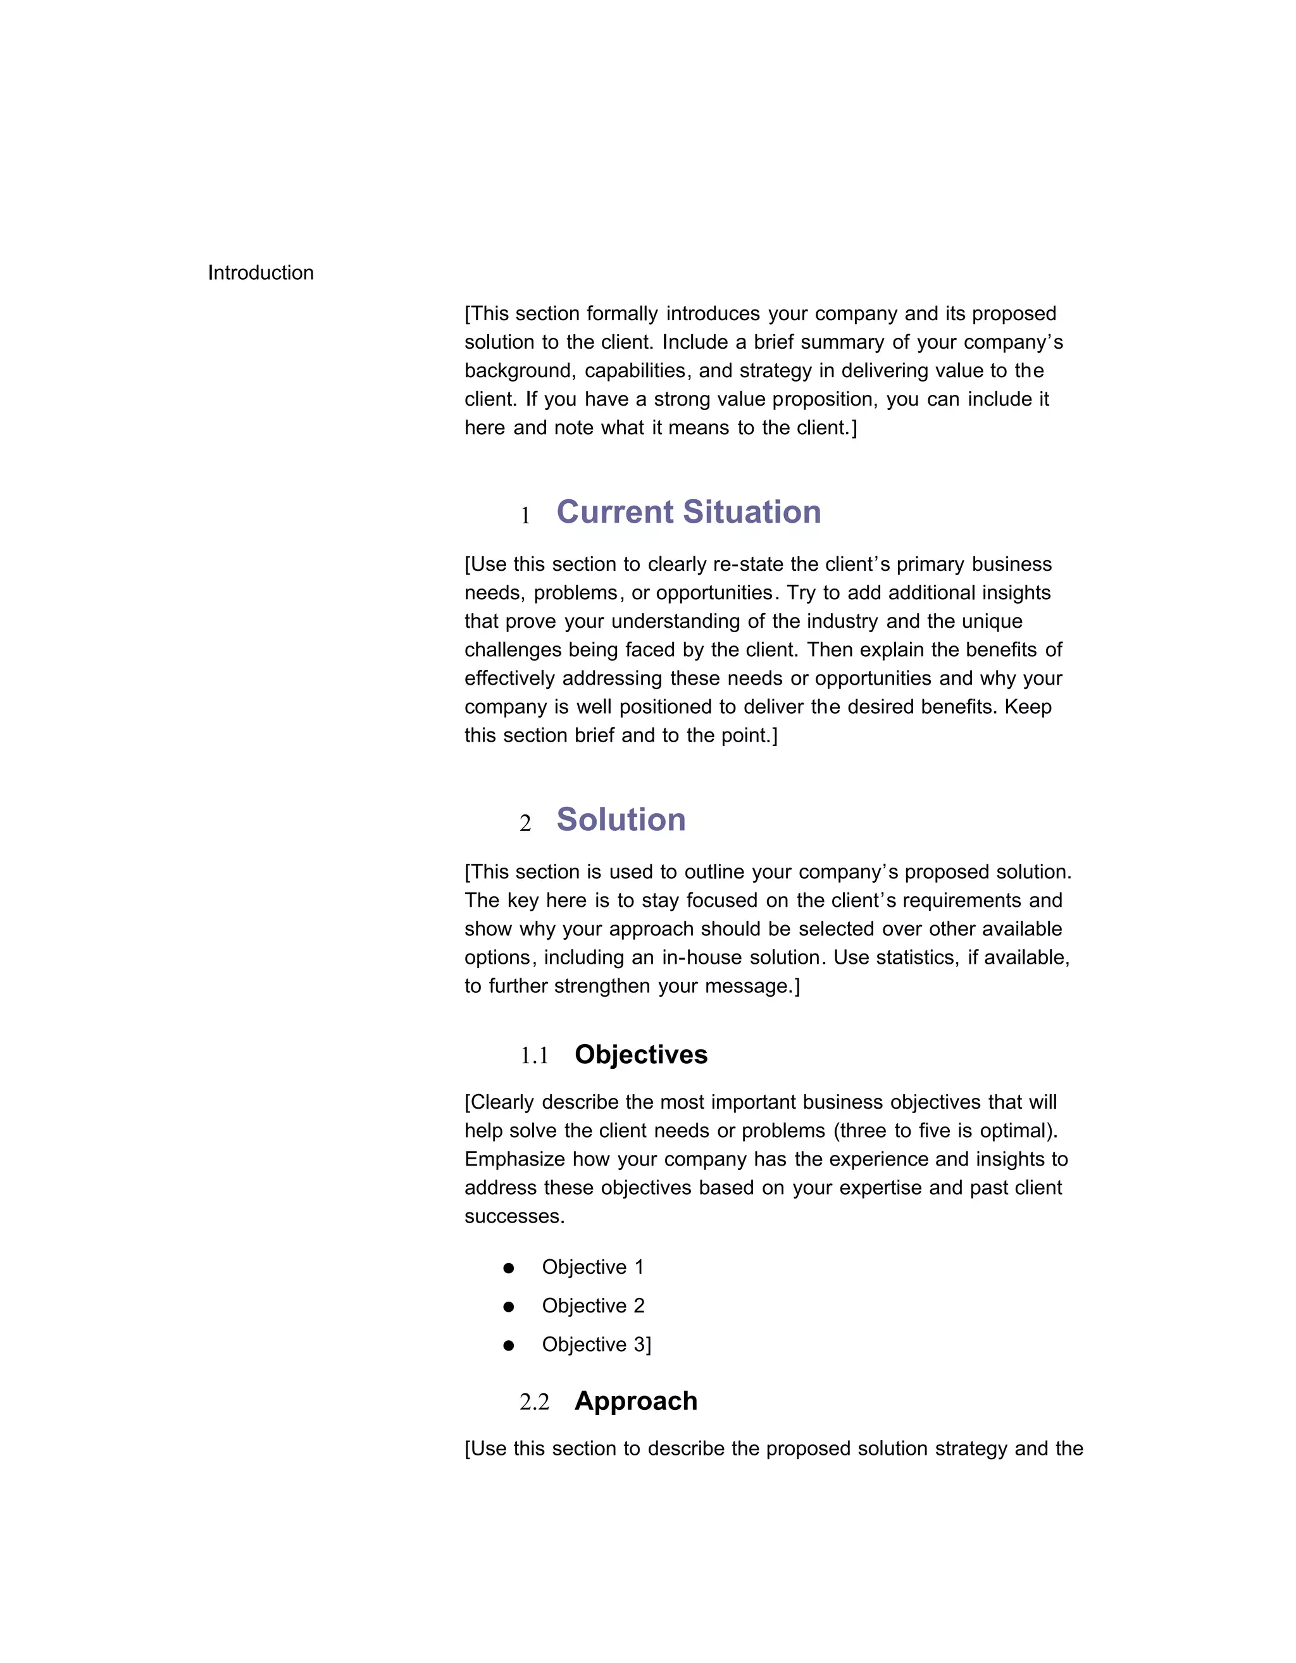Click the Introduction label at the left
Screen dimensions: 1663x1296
261,273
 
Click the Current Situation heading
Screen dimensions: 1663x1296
688,512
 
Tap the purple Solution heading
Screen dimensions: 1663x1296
621,819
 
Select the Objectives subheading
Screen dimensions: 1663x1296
640,1055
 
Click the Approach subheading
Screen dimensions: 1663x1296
636,1401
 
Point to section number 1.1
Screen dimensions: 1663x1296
534,1056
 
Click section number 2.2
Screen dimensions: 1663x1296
534,1402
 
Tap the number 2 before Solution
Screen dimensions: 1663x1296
525,823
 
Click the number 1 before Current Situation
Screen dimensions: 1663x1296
525,516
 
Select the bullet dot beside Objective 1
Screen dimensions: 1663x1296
509,1267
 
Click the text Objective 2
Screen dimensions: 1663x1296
593,1306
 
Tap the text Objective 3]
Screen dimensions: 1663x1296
596,1345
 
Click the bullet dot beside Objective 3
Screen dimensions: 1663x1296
509,1345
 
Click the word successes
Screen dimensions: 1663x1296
514,1217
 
